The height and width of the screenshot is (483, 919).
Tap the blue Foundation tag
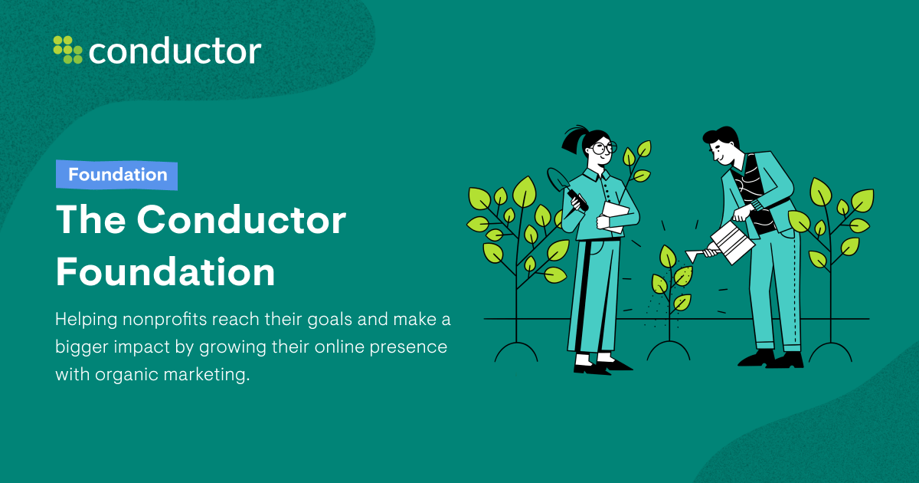[117, 175]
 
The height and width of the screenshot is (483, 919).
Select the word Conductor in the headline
[241, 222]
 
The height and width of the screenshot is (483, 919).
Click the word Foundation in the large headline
[165, 271]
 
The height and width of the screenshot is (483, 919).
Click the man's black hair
[722, 138]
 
